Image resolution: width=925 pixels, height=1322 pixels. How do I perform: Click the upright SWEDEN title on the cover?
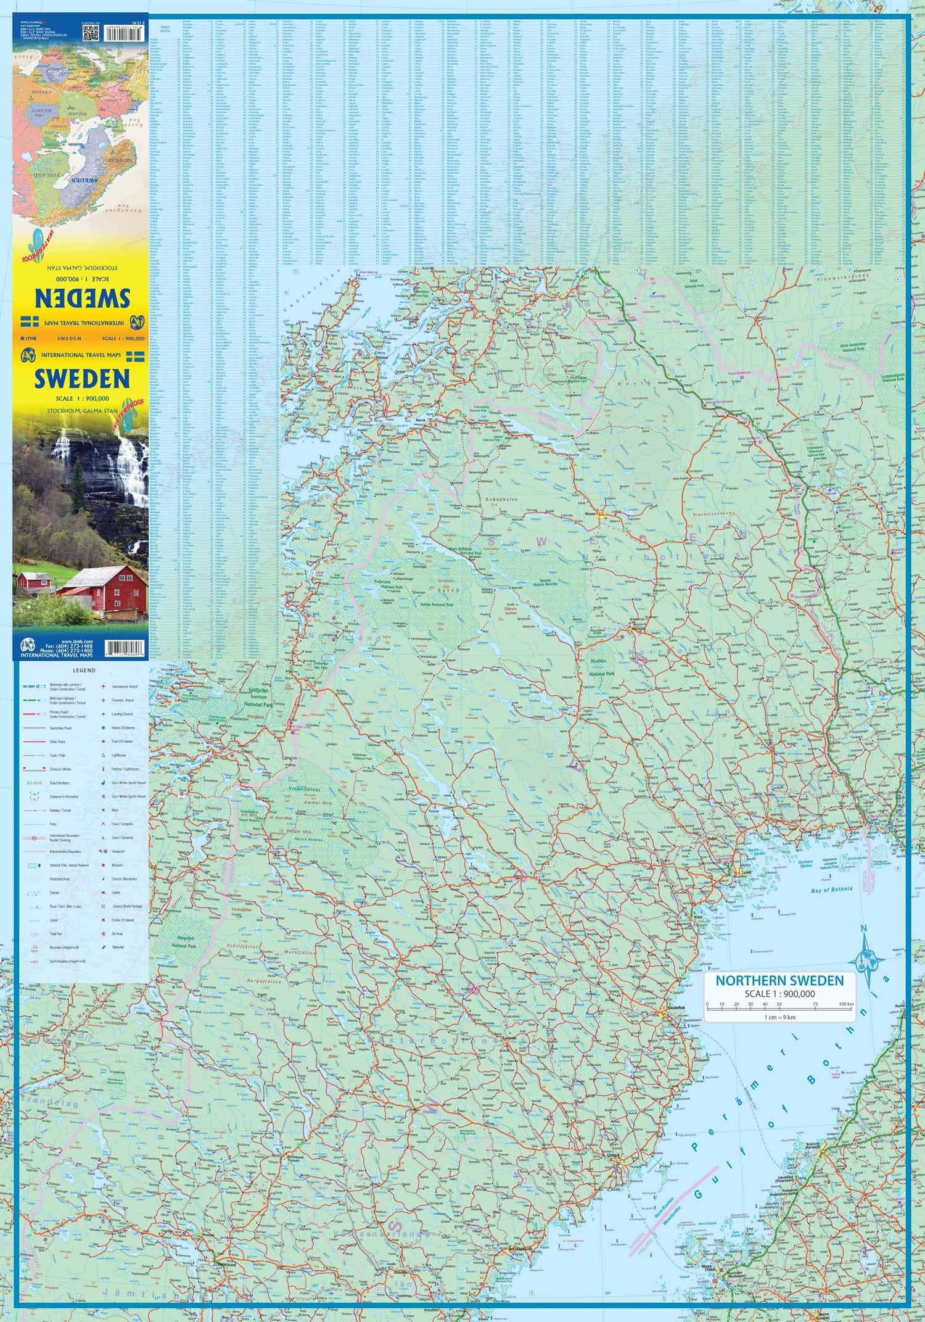(81, 378)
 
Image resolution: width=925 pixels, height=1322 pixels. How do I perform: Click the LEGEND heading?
(84, 670)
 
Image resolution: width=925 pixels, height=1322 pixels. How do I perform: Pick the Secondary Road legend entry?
(60, 728)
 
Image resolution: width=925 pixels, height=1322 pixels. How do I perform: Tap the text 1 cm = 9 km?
(779, 1017)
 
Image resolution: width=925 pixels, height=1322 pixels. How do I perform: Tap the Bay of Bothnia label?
(831, 889)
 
